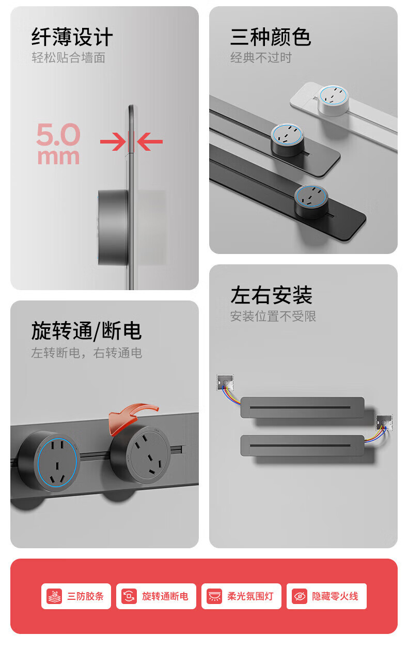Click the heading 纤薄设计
[72, 37]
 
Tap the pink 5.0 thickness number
[58, 134]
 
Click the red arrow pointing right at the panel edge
[113, 142]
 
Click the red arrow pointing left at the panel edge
[150, 142]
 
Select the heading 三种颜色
[271, 37]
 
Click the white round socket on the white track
[333, 101]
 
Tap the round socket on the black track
[311, 201]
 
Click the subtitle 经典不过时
[261, 57]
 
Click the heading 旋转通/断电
[86, 331]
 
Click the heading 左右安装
[271, 295]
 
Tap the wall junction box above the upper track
[225, 383]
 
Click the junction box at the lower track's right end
[384, 422]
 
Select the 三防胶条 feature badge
[76, 596]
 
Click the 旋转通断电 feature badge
[156, 596]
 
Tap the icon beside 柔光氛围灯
[214, 596]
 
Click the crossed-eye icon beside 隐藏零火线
[300, 596]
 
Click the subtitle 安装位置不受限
[273, 316]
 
